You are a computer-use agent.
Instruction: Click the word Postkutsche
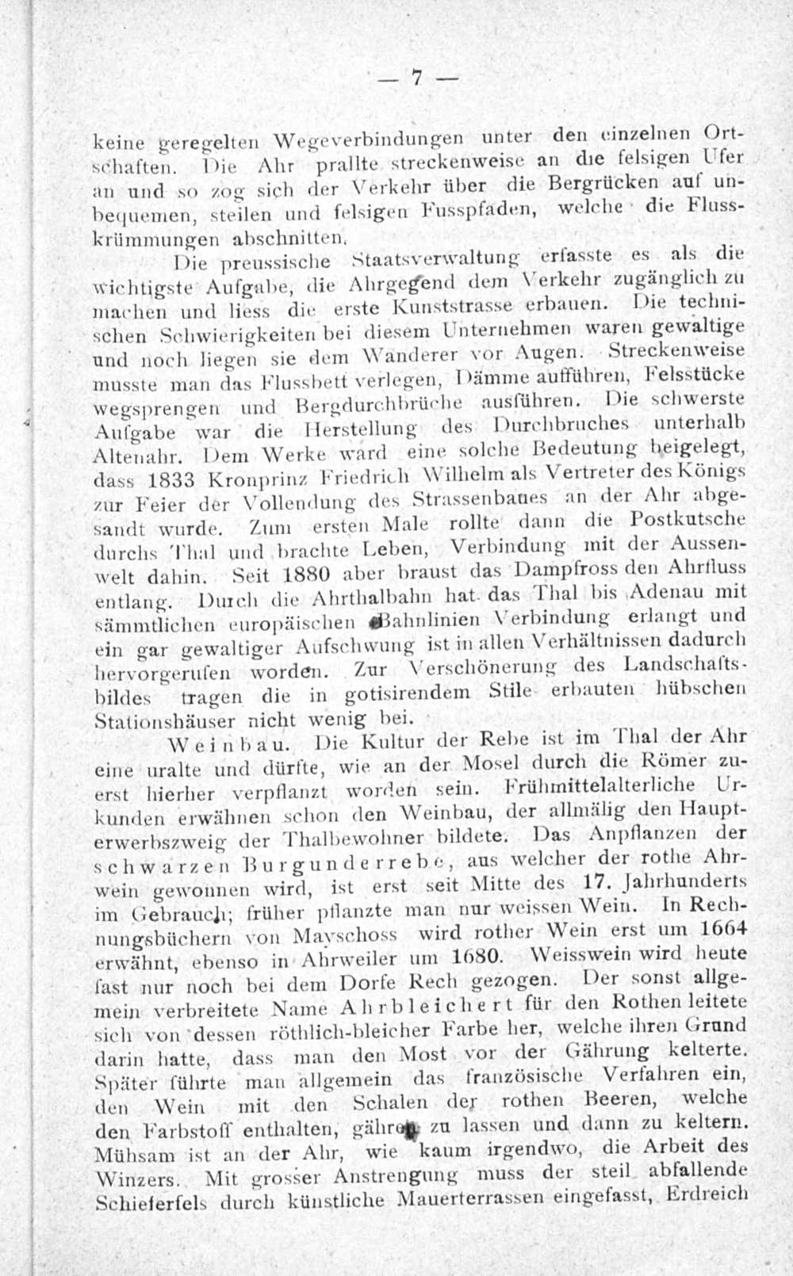[x=691, y=520]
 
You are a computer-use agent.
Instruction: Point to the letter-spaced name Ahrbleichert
[x=407, y=1008]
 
